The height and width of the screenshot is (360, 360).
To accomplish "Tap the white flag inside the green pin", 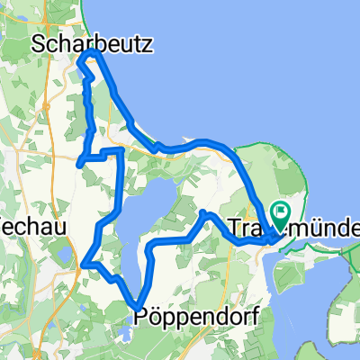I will click(x=280, y=213).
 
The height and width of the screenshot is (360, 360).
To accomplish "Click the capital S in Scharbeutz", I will click(x=38, y=42).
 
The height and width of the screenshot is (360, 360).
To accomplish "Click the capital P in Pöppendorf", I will click(x=140, y=316).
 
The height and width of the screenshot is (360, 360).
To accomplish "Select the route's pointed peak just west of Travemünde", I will click(x=203, y=211).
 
